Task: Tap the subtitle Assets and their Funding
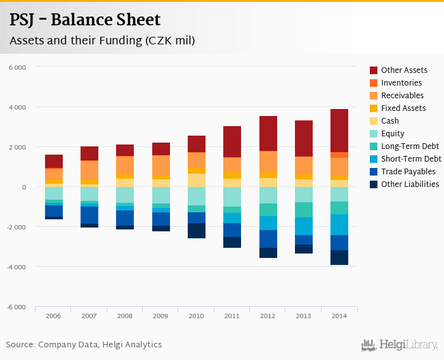pos(101,41)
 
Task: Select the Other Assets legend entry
pos(403,70)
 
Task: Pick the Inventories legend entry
pos(401,83)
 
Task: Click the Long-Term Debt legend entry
pos(410,146)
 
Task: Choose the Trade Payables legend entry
pos(408,172)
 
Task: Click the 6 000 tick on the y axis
pos(17,67)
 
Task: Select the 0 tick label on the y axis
pos(23,188)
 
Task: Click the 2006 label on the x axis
pos(54,316)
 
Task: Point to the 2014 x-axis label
pos(339,316)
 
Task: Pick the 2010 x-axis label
pos(197,316)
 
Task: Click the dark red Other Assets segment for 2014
pos(339,131)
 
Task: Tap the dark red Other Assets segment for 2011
pos(232,141)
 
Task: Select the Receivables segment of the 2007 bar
pos(89,170)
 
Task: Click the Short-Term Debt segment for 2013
pos(304,226)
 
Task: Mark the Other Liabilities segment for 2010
pos(197,231)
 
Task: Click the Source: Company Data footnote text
pos(84,345)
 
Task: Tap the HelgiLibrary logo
pos(400,345)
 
